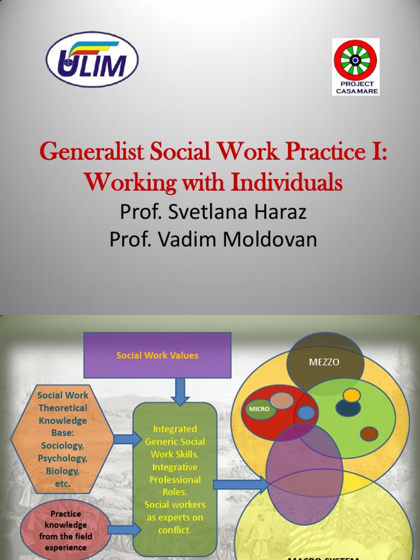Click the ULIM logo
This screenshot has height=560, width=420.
[x=92, y=60]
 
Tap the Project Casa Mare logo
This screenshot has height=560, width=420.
[x=355, y=67]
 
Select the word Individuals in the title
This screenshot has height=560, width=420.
[x=287, y=182]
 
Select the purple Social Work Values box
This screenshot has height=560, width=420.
[x=157, y=355]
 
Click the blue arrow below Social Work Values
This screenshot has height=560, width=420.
[x=179, y=390]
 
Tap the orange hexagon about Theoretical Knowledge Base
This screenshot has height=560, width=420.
[x=62, y=439]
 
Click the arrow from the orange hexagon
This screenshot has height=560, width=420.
[x=127, y=440]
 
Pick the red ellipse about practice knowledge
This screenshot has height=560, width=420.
[x=66, y=530]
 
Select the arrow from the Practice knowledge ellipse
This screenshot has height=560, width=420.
[x=124, y=529]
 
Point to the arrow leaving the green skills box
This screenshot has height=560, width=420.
[x=240, y=484]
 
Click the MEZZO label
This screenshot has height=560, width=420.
[x=325, y=362]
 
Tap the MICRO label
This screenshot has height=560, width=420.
[x=259, y=409]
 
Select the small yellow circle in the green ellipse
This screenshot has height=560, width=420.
[x=352, y=395]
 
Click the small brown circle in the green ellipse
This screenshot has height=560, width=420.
[x=369, y=434]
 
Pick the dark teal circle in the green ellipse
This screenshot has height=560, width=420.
[x=348, y=407]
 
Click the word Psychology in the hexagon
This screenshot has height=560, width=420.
[x=62, y=458]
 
